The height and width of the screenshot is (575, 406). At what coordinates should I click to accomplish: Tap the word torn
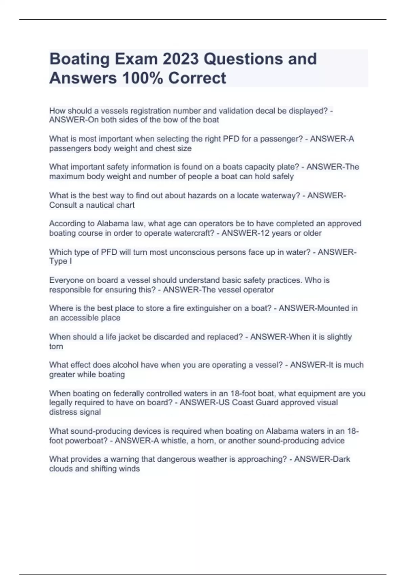(56, 346)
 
